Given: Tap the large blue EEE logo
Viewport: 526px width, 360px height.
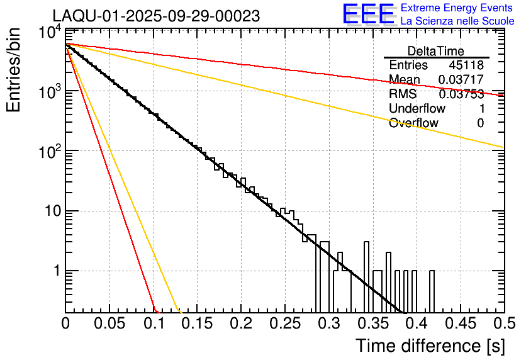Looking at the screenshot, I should point(368,14).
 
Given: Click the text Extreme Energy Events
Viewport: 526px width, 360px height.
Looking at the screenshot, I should point(456,8).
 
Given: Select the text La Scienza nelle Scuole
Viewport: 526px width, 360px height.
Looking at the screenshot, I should point(457,21).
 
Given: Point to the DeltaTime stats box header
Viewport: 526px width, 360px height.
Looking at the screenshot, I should point(436,51).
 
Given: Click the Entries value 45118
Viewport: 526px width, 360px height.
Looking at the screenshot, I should point(466,65).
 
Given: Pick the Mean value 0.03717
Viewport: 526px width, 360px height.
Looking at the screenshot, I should point(461,79).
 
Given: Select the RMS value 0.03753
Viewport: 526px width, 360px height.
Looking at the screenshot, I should point(461,94).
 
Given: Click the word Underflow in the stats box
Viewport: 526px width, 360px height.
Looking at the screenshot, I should point(417,108).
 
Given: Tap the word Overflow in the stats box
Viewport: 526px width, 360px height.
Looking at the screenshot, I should point(413,123).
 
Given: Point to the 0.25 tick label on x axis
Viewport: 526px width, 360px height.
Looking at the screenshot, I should point(284,323).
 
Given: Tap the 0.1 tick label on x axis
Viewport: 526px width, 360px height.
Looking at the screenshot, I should point(153,323).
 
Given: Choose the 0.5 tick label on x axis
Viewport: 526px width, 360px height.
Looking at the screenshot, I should point(503,323).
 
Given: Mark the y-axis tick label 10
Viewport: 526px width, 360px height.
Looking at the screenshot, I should point(52,211).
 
